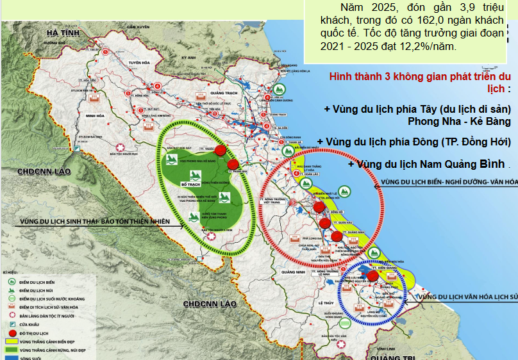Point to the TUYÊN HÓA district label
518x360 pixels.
(142, 62)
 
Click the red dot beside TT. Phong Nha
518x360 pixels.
(233, 165)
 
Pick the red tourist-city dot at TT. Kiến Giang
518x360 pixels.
(372, 275)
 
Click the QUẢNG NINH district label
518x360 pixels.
(291, 272)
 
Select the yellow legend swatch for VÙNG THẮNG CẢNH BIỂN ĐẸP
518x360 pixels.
(11, 343)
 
